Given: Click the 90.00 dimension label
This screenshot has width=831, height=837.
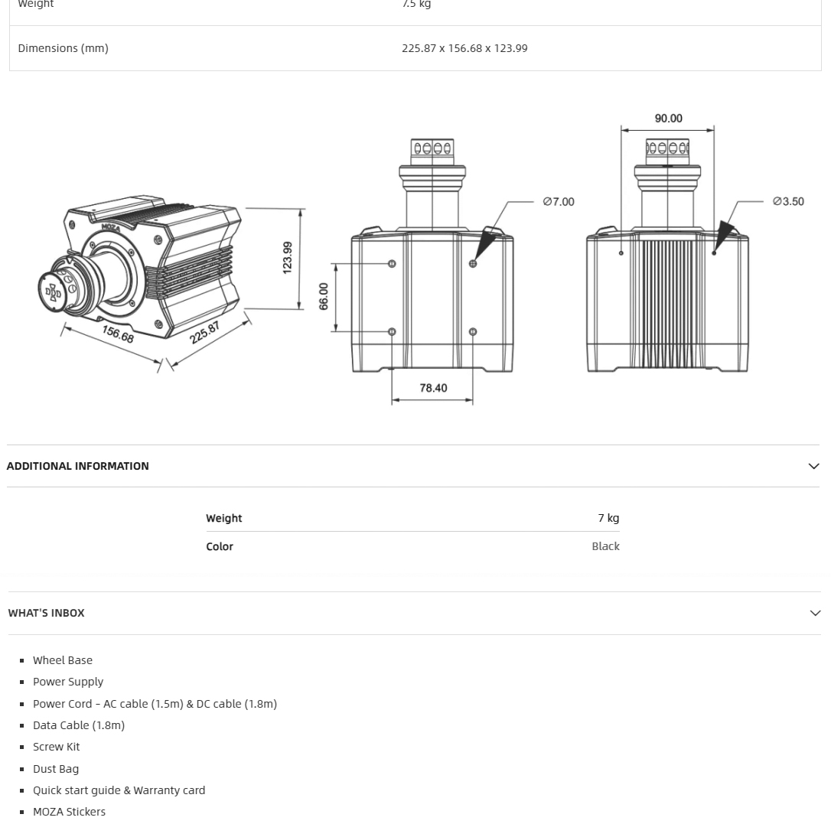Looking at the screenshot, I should point(668,119).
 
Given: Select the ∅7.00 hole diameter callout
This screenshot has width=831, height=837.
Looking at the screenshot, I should point(559,202).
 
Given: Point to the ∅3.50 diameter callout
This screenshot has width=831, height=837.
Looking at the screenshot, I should point(788,202).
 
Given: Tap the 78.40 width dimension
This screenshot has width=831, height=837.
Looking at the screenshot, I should point(433,388).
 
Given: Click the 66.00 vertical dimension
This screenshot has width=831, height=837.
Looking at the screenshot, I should point(324,296).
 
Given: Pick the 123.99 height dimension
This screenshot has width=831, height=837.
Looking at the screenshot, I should point(288,258).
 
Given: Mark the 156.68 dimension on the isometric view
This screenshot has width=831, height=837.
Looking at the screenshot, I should point(118,334).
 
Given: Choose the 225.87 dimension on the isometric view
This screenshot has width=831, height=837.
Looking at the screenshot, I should point(205,333).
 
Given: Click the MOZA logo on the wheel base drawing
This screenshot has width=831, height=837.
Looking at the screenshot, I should point(111,227).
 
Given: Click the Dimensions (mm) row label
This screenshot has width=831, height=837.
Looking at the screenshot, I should point(63,48).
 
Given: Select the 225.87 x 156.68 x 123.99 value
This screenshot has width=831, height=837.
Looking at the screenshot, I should point(464,48).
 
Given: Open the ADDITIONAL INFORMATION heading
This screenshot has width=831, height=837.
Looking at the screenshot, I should point(78,466).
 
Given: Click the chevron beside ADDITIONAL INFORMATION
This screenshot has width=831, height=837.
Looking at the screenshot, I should point(813,466).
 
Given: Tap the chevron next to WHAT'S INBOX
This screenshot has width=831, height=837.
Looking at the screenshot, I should point(814,613).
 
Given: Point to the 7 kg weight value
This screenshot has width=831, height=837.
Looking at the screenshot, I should point(608,518).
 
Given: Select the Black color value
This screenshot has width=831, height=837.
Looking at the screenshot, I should point(605,546).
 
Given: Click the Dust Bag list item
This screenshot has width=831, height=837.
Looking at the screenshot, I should point(56,769).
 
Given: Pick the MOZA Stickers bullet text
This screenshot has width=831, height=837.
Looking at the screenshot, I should point(69,812).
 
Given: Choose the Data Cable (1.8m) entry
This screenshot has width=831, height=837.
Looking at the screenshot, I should point(79,725).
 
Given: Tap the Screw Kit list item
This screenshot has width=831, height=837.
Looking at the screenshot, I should point(56,747).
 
